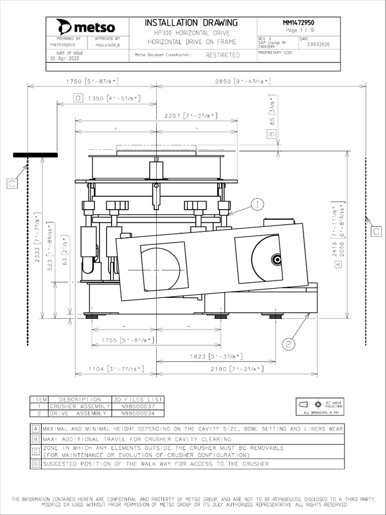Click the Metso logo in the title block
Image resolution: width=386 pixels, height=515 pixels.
[86, 27]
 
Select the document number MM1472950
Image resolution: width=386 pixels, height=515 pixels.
[299, 23]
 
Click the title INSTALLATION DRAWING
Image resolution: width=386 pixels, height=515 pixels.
[191, 23]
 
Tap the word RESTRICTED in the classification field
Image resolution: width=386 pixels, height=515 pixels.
[222, 55]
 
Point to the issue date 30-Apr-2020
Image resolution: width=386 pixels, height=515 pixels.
[64, 58]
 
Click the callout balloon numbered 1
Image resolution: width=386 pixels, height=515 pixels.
[257, 204]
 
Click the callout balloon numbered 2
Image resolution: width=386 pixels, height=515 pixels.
[288, 344]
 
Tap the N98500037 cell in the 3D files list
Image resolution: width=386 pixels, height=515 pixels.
[137, 406]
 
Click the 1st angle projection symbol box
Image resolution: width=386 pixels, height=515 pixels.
[320, 406]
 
